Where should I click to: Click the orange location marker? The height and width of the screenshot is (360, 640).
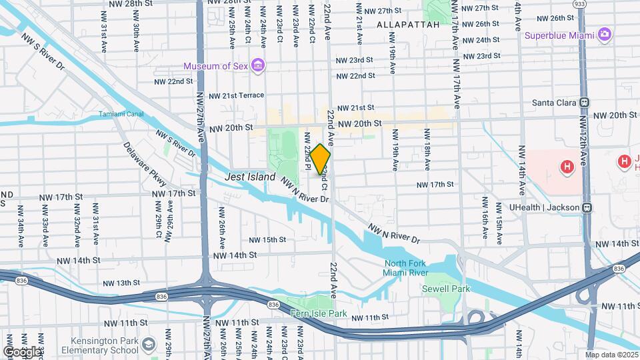(x=320, y=159)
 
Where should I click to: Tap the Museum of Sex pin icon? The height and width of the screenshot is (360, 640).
(x=259, y=66)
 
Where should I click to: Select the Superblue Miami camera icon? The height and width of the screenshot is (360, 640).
(x=605, y=34)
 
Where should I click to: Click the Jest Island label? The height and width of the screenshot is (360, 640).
(x=250, y=177)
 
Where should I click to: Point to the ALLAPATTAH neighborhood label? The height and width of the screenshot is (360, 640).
(x=408, y=25)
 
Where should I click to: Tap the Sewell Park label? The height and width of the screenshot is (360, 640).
(x=446, y=289)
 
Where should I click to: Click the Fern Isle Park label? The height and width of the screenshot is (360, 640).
(x=319, y=313)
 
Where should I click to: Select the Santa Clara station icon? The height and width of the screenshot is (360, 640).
(x=585, y=103)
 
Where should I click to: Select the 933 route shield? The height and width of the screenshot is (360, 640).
(x=579, y=4)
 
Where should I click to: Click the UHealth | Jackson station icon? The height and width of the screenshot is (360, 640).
(x=587, y=207)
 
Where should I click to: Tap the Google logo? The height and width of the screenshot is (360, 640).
(x=22, y=351)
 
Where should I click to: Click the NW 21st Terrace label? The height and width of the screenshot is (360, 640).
(x=236, y=95)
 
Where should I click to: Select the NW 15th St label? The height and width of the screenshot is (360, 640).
(x=267, y=240)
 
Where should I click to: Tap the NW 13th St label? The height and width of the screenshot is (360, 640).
(x=114, y=283)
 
